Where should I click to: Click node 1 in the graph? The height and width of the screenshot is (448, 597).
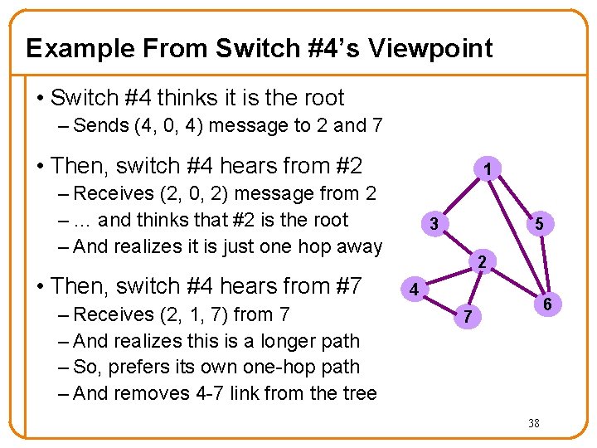[489, 170]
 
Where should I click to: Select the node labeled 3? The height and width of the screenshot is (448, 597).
[433, 223]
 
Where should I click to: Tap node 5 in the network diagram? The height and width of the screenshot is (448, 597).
[539, 223]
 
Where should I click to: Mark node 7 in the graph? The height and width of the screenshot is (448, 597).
[468, 316]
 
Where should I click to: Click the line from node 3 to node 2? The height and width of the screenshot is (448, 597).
[457, 243]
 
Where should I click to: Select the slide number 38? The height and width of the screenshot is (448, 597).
[534, 423]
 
